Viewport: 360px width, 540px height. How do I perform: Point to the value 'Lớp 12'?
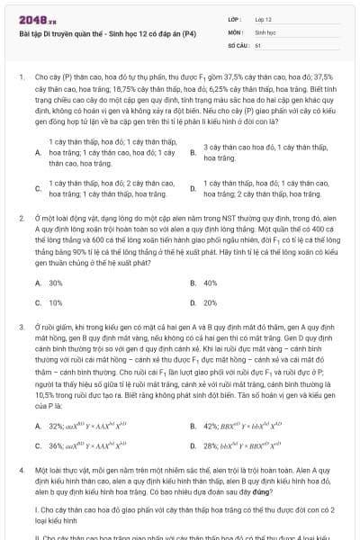pos(263,18)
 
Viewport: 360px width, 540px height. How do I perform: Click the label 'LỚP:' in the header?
pos(234,18)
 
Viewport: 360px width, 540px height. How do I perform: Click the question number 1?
pos(20,78)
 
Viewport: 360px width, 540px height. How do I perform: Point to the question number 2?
pos(21,218)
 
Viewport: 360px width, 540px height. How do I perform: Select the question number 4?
pos(21,471)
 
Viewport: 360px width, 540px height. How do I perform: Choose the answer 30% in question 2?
pos(55,283)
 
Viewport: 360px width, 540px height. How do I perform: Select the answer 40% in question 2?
pos(211,283)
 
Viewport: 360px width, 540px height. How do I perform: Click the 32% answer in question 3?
pos(56,425)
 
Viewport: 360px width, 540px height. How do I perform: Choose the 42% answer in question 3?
pos(211,425)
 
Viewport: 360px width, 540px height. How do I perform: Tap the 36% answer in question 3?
pos(56,445)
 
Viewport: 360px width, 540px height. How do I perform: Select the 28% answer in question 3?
pos(211,445)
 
